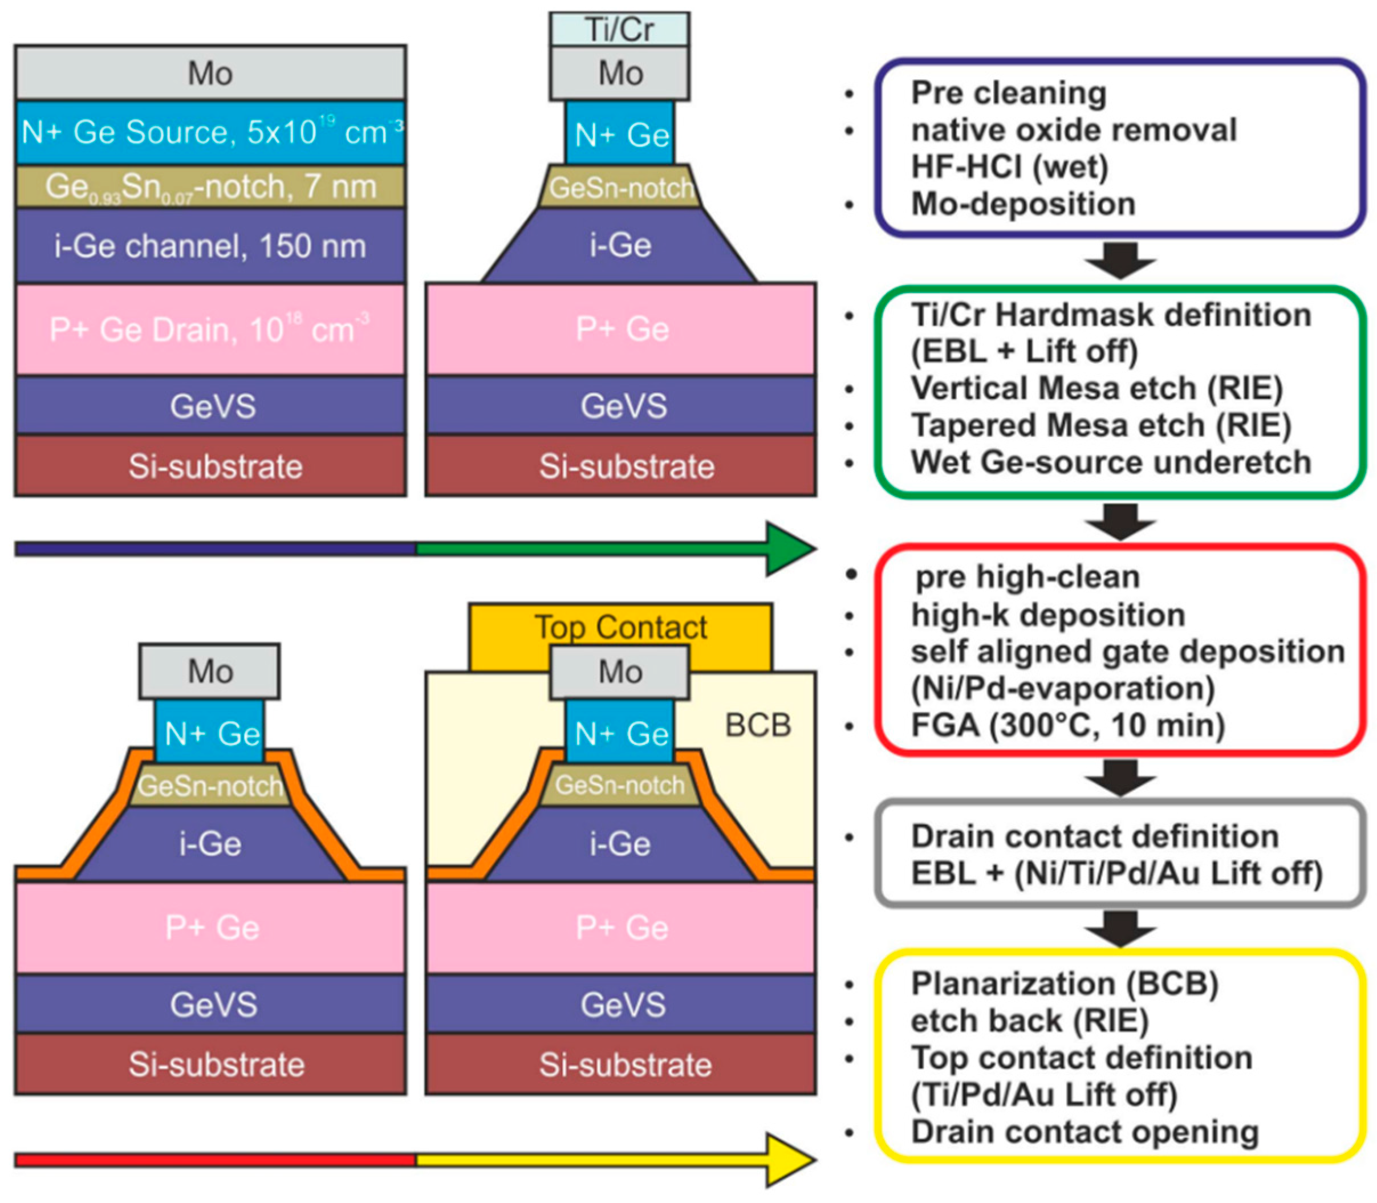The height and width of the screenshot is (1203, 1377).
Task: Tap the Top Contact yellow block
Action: (x=620, y=627)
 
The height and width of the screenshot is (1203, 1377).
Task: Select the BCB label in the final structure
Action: (x=757, y=725)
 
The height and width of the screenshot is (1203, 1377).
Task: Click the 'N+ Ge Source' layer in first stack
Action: (x=210, y=132)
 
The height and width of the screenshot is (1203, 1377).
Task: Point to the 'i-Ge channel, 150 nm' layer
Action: (x=210, y=246)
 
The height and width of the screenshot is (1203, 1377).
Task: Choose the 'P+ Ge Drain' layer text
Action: (x=210, y=329)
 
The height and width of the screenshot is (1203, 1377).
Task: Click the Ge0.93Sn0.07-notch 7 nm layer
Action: (x=210, y=186)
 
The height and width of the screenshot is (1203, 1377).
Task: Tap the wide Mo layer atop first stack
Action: (x=210, y=72)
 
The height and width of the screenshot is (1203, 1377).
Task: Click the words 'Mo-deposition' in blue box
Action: (x=1022, y=204)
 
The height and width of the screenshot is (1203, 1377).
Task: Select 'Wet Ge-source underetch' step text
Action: (x=1111, y=462)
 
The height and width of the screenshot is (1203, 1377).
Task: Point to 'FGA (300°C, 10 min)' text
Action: (x=1067, y=725)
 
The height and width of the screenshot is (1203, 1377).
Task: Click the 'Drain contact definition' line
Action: (x=1094, y=836)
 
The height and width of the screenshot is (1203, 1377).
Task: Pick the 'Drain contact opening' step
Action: (x=1084, y=1132)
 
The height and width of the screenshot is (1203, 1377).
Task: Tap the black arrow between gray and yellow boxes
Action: (x=1120, y=928)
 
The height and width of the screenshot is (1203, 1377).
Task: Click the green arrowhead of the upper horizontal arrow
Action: (x=789, y=548)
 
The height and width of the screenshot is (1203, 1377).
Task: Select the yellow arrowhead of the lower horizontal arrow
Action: (x=789, y=1159)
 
